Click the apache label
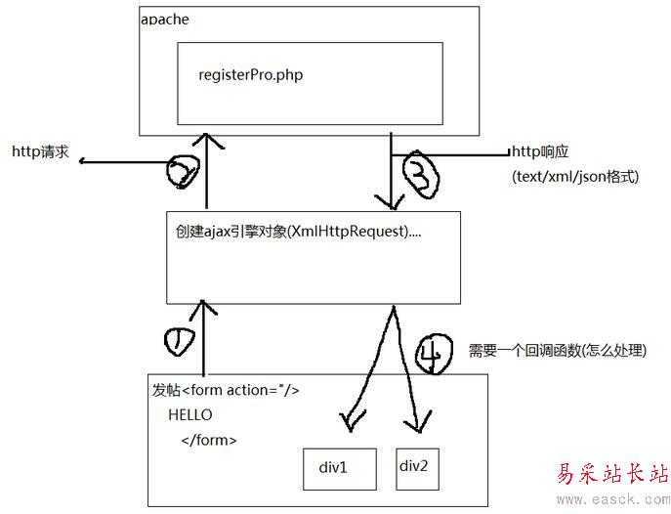(165, 20)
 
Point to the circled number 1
(182, 341)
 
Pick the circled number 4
(434, 353)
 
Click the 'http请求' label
(40, 151)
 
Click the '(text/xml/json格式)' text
(575, 177)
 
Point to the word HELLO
(189, 415)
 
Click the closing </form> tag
(208, 440)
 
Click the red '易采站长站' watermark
(611, 474)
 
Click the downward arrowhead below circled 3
(393, 204)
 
